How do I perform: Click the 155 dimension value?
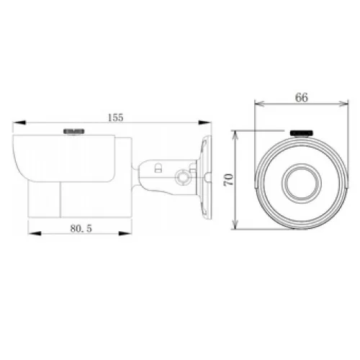(x=115, y=117)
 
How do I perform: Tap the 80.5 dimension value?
(x=81, y=228)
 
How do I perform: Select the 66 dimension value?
(x=302, y=97)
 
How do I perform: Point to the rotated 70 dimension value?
(x=228, y=179)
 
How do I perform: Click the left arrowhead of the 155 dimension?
(x=19, y=122)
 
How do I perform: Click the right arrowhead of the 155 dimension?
(x=204, y=122)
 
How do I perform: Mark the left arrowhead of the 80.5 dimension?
(x=35, y=233)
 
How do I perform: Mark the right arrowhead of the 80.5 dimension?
(x=125, y=233)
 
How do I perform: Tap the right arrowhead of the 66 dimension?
(x=343, y=104)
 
